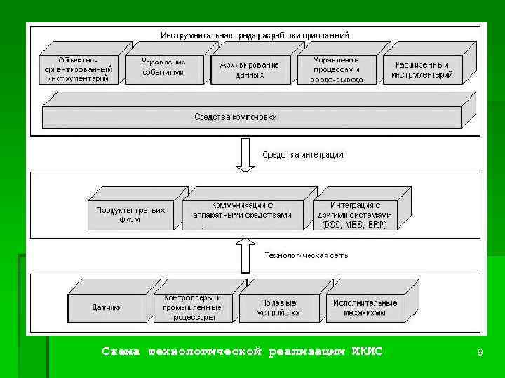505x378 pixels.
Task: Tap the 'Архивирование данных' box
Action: (250, 69)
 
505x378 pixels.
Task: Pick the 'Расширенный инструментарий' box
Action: (422, 70)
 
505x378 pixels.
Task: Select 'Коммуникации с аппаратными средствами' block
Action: (242, 211)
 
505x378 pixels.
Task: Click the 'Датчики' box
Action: (107, 307)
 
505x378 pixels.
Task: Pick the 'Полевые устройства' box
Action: (280, 307)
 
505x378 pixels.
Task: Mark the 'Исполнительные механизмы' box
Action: (365, 307)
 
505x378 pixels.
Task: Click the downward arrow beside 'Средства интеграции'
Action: (245, 154)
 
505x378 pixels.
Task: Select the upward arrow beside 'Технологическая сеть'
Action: (245, 255)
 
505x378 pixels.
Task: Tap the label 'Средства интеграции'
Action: (303, 155)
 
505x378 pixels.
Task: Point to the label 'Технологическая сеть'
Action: (306, 255)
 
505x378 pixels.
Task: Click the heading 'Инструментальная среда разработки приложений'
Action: (255, 35)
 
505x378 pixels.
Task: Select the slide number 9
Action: (480, 353)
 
